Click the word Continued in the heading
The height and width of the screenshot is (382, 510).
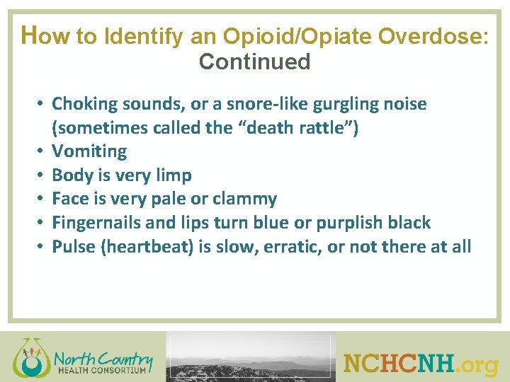[255, 62]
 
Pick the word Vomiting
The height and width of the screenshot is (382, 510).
[89, 151]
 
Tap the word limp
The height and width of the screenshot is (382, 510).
[173, 175]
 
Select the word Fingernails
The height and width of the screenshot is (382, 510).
[97, 223]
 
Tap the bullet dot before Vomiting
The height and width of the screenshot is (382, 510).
[42, 151]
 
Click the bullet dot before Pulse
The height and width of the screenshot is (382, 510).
[42, 247]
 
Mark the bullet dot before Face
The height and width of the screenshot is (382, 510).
[42, 199]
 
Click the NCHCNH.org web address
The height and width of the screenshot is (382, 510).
[421, 364]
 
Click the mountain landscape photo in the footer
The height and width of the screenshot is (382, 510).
[250, 358]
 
